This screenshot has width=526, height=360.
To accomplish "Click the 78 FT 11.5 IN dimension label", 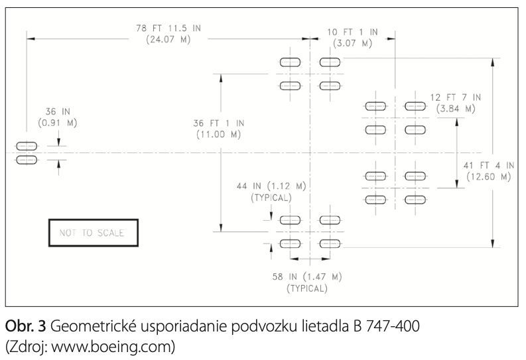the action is pyautogui.click(x=168, y=28).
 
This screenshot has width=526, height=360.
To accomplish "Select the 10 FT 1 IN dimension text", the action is pyautogui.click(x=353, y=32).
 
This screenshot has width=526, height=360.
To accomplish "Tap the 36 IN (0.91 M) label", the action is pyautogui.click(x=58, y=117).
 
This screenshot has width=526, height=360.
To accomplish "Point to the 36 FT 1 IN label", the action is pyautogui.click(x=219, y=123).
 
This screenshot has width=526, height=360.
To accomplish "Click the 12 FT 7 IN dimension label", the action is pyautogui.click(x=456, y=97).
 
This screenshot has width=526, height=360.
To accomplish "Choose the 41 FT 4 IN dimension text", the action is pyautogui.click(x=489, y=166).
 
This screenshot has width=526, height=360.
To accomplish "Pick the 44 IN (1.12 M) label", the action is pyautogui.click(x=271, y=186).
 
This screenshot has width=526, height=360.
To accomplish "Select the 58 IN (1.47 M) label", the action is pyautogui.click(x=307, y=277).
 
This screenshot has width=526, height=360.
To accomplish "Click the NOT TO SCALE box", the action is pyautogui.click(x=94, y=220).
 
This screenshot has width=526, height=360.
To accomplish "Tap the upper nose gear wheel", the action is pyautogui.click(x=27, y=146).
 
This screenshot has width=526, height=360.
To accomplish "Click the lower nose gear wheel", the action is pyautogui.click(x=27, y=160).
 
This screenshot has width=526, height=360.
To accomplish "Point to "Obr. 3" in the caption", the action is pyautogui.click(x=25, y=326).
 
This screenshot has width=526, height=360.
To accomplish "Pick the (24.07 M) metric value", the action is pyautogui.click(x=168, y=40).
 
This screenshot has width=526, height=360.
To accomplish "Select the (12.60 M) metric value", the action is pyautogui.click(x=489, y=176).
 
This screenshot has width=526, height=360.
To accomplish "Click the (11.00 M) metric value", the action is pyautogui.click(x=219, y=135).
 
